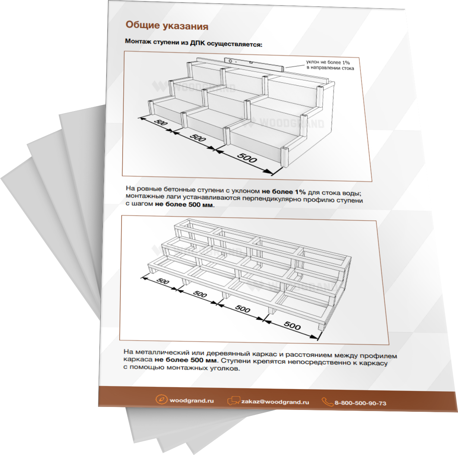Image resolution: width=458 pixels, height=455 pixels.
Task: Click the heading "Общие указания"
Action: click(167, 25)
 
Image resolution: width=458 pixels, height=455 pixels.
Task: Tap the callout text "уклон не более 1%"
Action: click(328, 62)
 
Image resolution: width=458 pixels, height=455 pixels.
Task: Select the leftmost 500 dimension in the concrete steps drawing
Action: click(161, 123)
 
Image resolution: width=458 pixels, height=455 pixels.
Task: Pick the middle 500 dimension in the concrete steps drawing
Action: click(198, 138)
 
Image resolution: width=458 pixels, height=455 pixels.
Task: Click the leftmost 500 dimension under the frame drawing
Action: click(163, 281)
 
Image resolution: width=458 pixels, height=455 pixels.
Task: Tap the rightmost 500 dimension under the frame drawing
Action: click(292, 325)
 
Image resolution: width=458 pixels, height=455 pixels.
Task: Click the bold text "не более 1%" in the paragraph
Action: click(284, 192)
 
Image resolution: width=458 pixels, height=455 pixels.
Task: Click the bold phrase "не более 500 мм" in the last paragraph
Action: click(186, 360)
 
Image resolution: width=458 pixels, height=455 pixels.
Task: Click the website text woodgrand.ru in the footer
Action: click(192, 401)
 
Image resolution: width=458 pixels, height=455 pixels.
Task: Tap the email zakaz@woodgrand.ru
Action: click(275, 402)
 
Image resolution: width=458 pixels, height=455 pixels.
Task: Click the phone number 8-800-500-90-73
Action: click(360, 403)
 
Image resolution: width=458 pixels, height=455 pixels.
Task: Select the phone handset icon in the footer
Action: click(327, 402)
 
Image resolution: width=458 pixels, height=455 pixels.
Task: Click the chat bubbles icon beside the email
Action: click(233, 401)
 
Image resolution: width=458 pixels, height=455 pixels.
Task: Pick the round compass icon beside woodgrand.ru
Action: click(161, 399)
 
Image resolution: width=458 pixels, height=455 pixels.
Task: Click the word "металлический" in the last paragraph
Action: click(162, 352)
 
